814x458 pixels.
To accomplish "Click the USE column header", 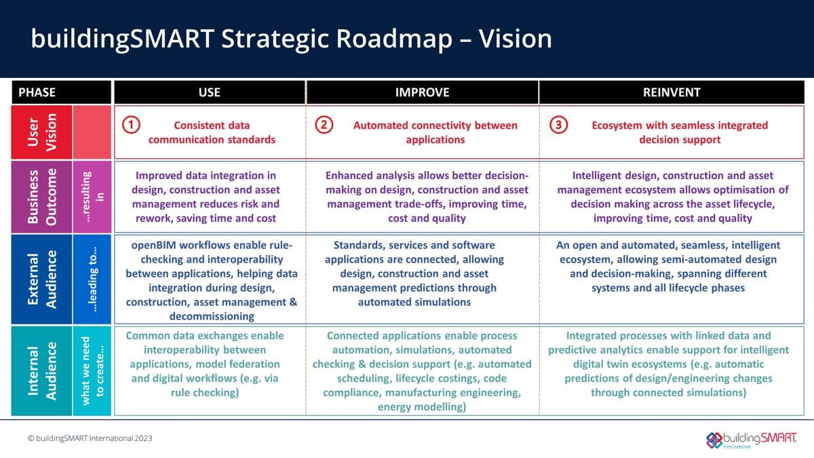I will [x=209, y=92].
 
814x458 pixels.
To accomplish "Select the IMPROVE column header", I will [x=422, y=92].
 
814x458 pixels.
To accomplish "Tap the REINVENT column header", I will [x=671, y=92].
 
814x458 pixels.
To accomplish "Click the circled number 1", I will [x=131, y=126].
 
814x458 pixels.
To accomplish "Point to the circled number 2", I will [x=324, y=126].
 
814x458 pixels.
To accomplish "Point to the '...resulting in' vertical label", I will [x=91, y=196].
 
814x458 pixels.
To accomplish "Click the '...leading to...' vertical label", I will [x=91, y=279].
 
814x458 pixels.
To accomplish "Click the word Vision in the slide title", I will [x=515, y=39].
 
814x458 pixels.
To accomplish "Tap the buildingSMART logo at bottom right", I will [x=751, y=439].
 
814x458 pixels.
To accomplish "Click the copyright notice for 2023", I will [x=90, y=438].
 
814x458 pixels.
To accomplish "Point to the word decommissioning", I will [x=211, y=316].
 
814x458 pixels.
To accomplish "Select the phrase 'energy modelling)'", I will [x=422, y=407].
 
